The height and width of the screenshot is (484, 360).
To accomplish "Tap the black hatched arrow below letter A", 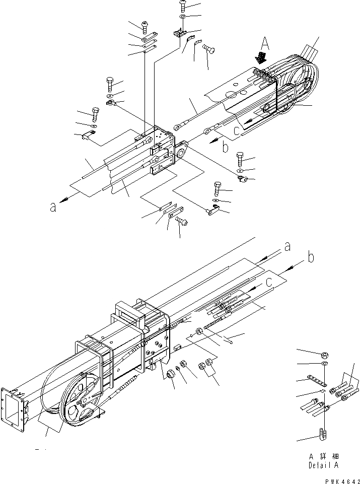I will coord(261,57).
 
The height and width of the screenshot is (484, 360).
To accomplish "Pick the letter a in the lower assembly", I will coord(287,246).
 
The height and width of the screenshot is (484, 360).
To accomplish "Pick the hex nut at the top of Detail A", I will coord(325,354).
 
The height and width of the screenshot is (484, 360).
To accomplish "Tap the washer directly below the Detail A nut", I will coord(325,364).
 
